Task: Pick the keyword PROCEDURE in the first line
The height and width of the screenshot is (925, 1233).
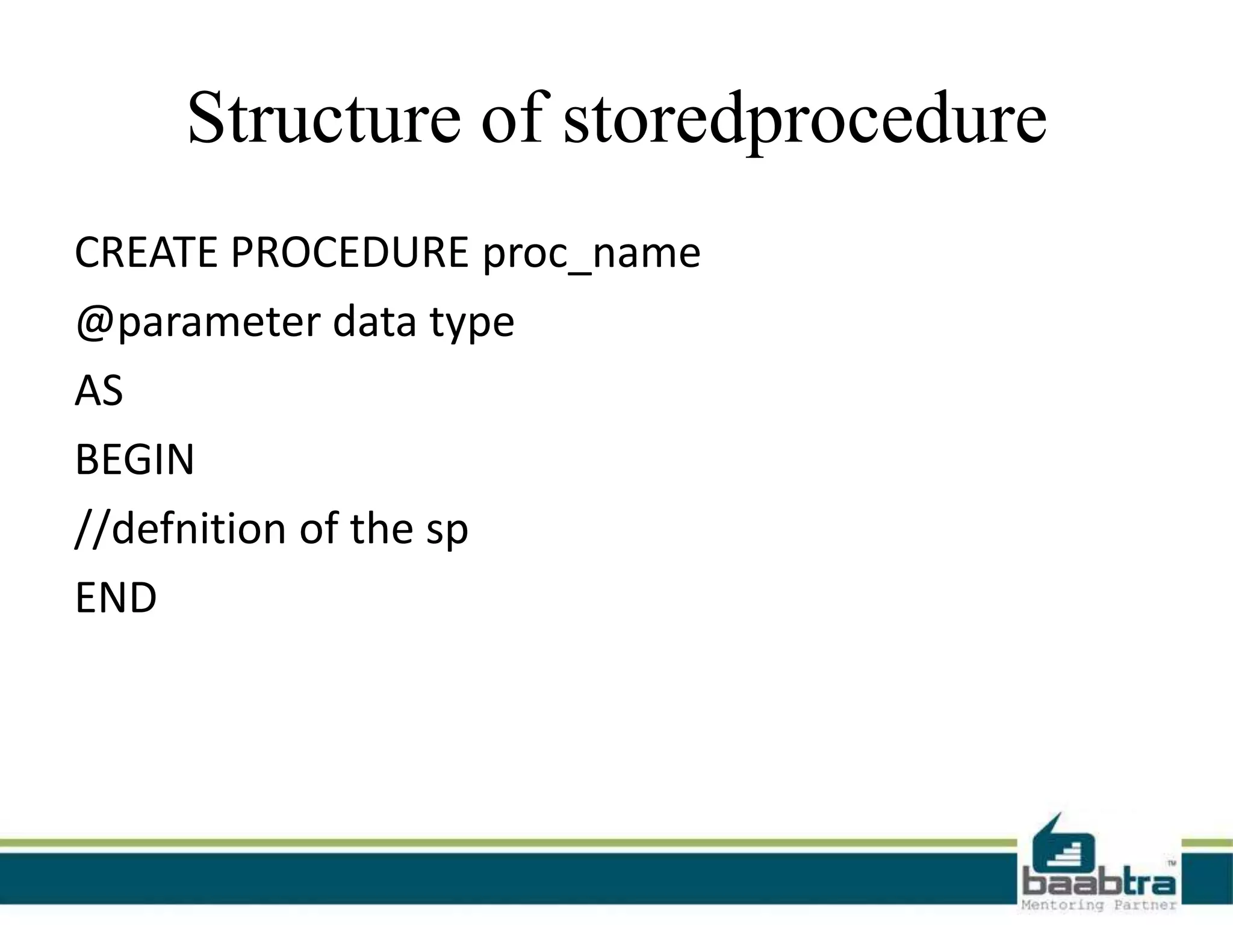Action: tap(350, 252)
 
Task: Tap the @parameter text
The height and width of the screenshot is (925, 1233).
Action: tap(198, 323)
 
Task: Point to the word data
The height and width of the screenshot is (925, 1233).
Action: tap(374, 322)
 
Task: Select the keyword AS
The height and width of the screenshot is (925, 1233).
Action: tap(99, 391)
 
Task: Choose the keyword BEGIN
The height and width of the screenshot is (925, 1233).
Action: tap(134, 460)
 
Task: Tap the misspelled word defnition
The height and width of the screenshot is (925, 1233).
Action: tap(198, 529)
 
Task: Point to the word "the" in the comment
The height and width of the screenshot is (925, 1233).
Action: tap(381, 529)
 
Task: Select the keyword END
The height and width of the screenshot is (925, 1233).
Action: tap(116, 598)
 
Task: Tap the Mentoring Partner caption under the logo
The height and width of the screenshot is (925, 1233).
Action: tap(1099, 905)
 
